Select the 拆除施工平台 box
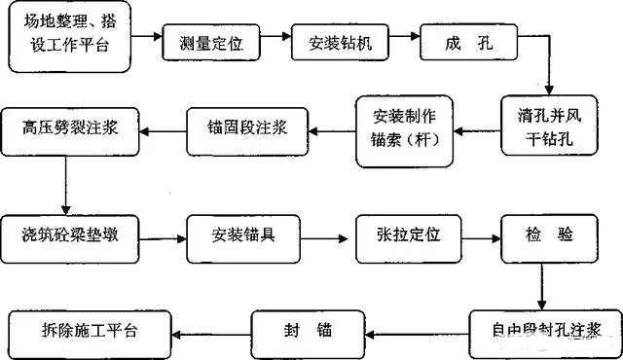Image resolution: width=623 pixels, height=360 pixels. click(x=88, y=329)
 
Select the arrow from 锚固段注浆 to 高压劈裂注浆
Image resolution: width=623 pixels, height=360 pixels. click(x=160, y=126)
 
